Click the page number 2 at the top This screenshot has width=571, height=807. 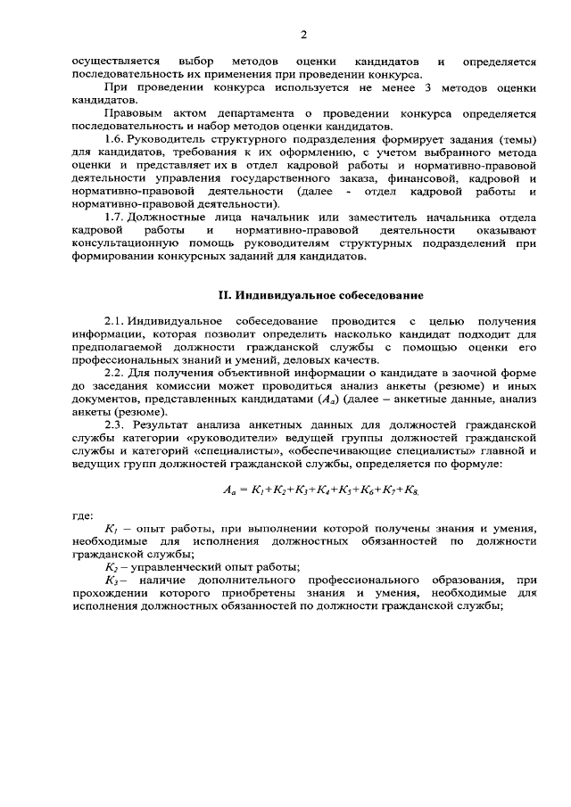[303, 35]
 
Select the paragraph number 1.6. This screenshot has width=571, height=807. [114, 140]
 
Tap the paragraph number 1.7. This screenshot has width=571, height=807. [114, 218]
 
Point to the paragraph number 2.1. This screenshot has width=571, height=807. [114, 320]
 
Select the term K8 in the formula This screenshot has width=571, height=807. [411, 490]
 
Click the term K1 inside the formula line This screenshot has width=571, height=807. [261, 490]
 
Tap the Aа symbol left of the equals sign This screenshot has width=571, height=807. [229, 490]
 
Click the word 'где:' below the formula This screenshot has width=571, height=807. [82, 515]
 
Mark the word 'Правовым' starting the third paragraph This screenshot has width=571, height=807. [131, 114]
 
